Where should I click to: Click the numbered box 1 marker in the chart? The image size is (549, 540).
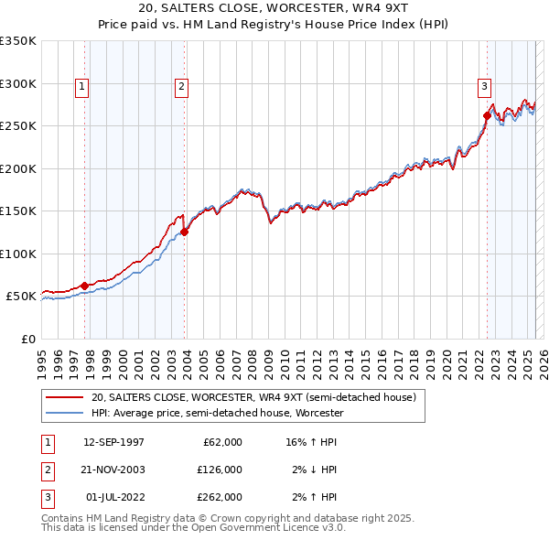[82, 87]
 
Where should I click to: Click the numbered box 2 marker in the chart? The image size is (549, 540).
[182, 87]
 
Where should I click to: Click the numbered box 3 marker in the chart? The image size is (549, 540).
[483, 87]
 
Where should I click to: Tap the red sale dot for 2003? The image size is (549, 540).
[185, 232]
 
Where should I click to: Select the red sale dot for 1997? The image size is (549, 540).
[85, 286]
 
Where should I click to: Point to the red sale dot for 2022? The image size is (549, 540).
[487, 116]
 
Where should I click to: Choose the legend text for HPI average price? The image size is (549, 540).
[217, 413]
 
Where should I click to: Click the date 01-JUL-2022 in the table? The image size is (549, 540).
[113, 497]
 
